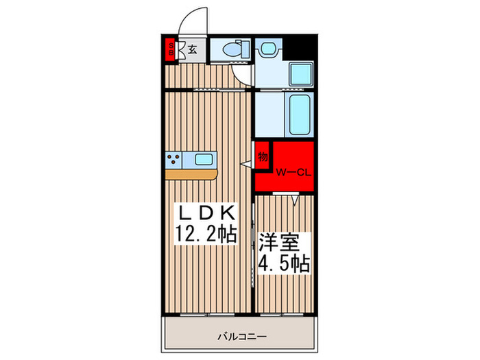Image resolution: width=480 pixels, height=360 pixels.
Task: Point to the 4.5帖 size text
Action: (283, 263)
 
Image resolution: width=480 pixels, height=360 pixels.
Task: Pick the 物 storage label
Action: (263, 156)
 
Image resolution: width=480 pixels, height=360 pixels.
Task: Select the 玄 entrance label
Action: (193, 49)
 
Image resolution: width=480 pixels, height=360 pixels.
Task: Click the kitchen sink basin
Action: (204, 160)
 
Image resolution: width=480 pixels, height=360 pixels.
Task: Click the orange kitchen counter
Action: (191, 174)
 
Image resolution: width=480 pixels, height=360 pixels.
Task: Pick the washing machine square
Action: (300, 74)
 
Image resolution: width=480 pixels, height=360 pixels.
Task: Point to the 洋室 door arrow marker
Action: (294, 200)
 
